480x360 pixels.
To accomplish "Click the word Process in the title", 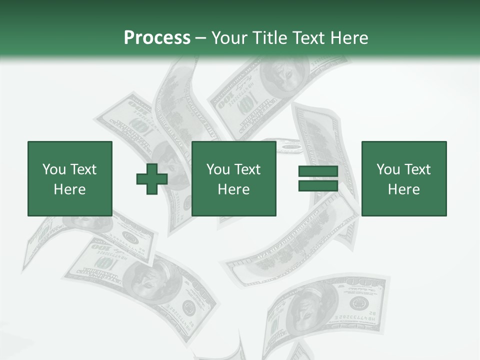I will click(x=157, y=38).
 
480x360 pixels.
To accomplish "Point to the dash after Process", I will click(x=200, y=38).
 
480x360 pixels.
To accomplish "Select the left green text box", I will click(x=69, y=178).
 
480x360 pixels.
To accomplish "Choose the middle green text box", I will click(x=233, y=178).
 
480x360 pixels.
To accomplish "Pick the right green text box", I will click(x=403, y=178).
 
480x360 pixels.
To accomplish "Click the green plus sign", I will click(x=151, y=179).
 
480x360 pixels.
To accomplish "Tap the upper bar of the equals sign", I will click(x=318, y=172).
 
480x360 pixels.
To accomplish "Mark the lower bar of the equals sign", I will click(x=318, y=185).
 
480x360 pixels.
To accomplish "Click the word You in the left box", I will click(x=54, y=169).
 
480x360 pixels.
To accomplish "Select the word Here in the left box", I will click(x=69, y=189).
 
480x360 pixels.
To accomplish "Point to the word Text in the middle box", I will click(x=247, y=169).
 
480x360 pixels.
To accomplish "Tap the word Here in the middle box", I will click(x=233, y=189).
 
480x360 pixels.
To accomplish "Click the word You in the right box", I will click(x=388, y=169).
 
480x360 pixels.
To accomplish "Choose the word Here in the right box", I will click(x=403, y=189).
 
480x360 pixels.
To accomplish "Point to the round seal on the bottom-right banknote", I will click(x=358, y=302).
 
